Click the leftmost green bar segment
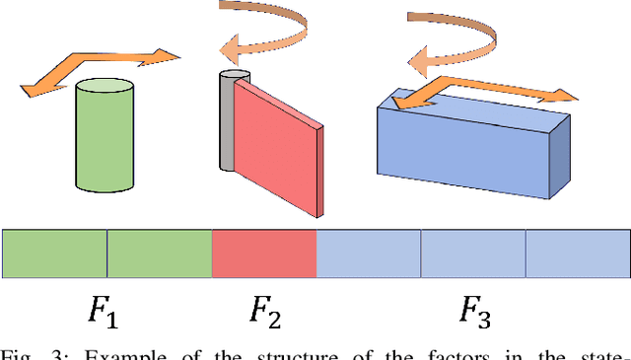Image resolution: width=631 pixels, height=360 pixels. [54, 253]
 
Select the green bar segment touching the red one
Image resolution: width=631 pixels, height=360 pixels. [159, 253]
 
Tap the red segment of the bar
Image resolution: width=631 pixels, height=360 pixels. [263, 253]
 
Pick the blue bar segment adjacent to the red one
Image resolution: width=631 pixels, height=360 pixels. [368, 253]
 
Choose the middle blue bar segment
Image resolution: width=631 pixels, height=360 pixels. [472, 253]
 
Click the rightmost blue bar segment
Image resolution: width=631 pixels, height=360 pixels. [577, 253]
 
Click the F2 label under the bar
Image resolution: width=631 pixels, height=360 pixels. [263, 314]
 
